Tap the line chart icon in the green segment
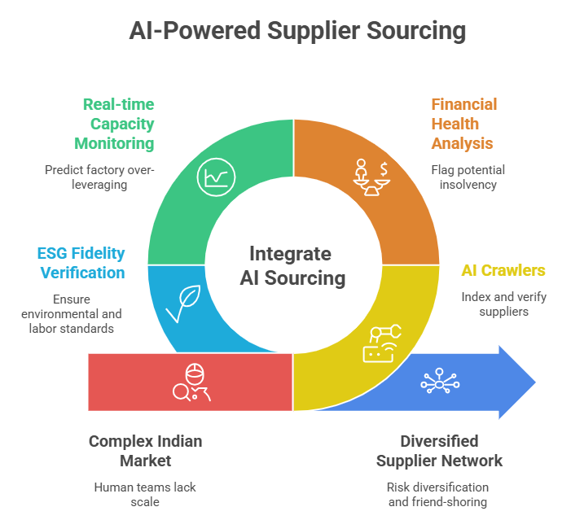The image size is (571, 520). pos(216,177)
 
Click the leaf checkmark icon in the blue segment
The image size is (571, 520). pos(180,304)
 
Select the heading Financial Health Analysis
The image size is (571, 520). pos(463,124)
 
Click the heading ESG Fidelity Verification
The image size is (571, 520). pos(81,262)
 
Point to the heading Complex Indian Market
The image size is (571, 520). pos(145,451)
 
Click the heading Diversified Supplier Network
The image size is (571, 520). pos(439,451)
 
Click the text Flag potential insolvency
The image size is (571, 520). pos(468,177)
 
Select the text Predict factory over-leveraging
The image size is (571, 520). pos(99,177)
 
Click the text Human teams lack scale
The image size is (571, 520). pos(143,495)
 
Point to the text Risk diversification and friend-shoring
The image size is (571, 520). pos(437,495)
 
